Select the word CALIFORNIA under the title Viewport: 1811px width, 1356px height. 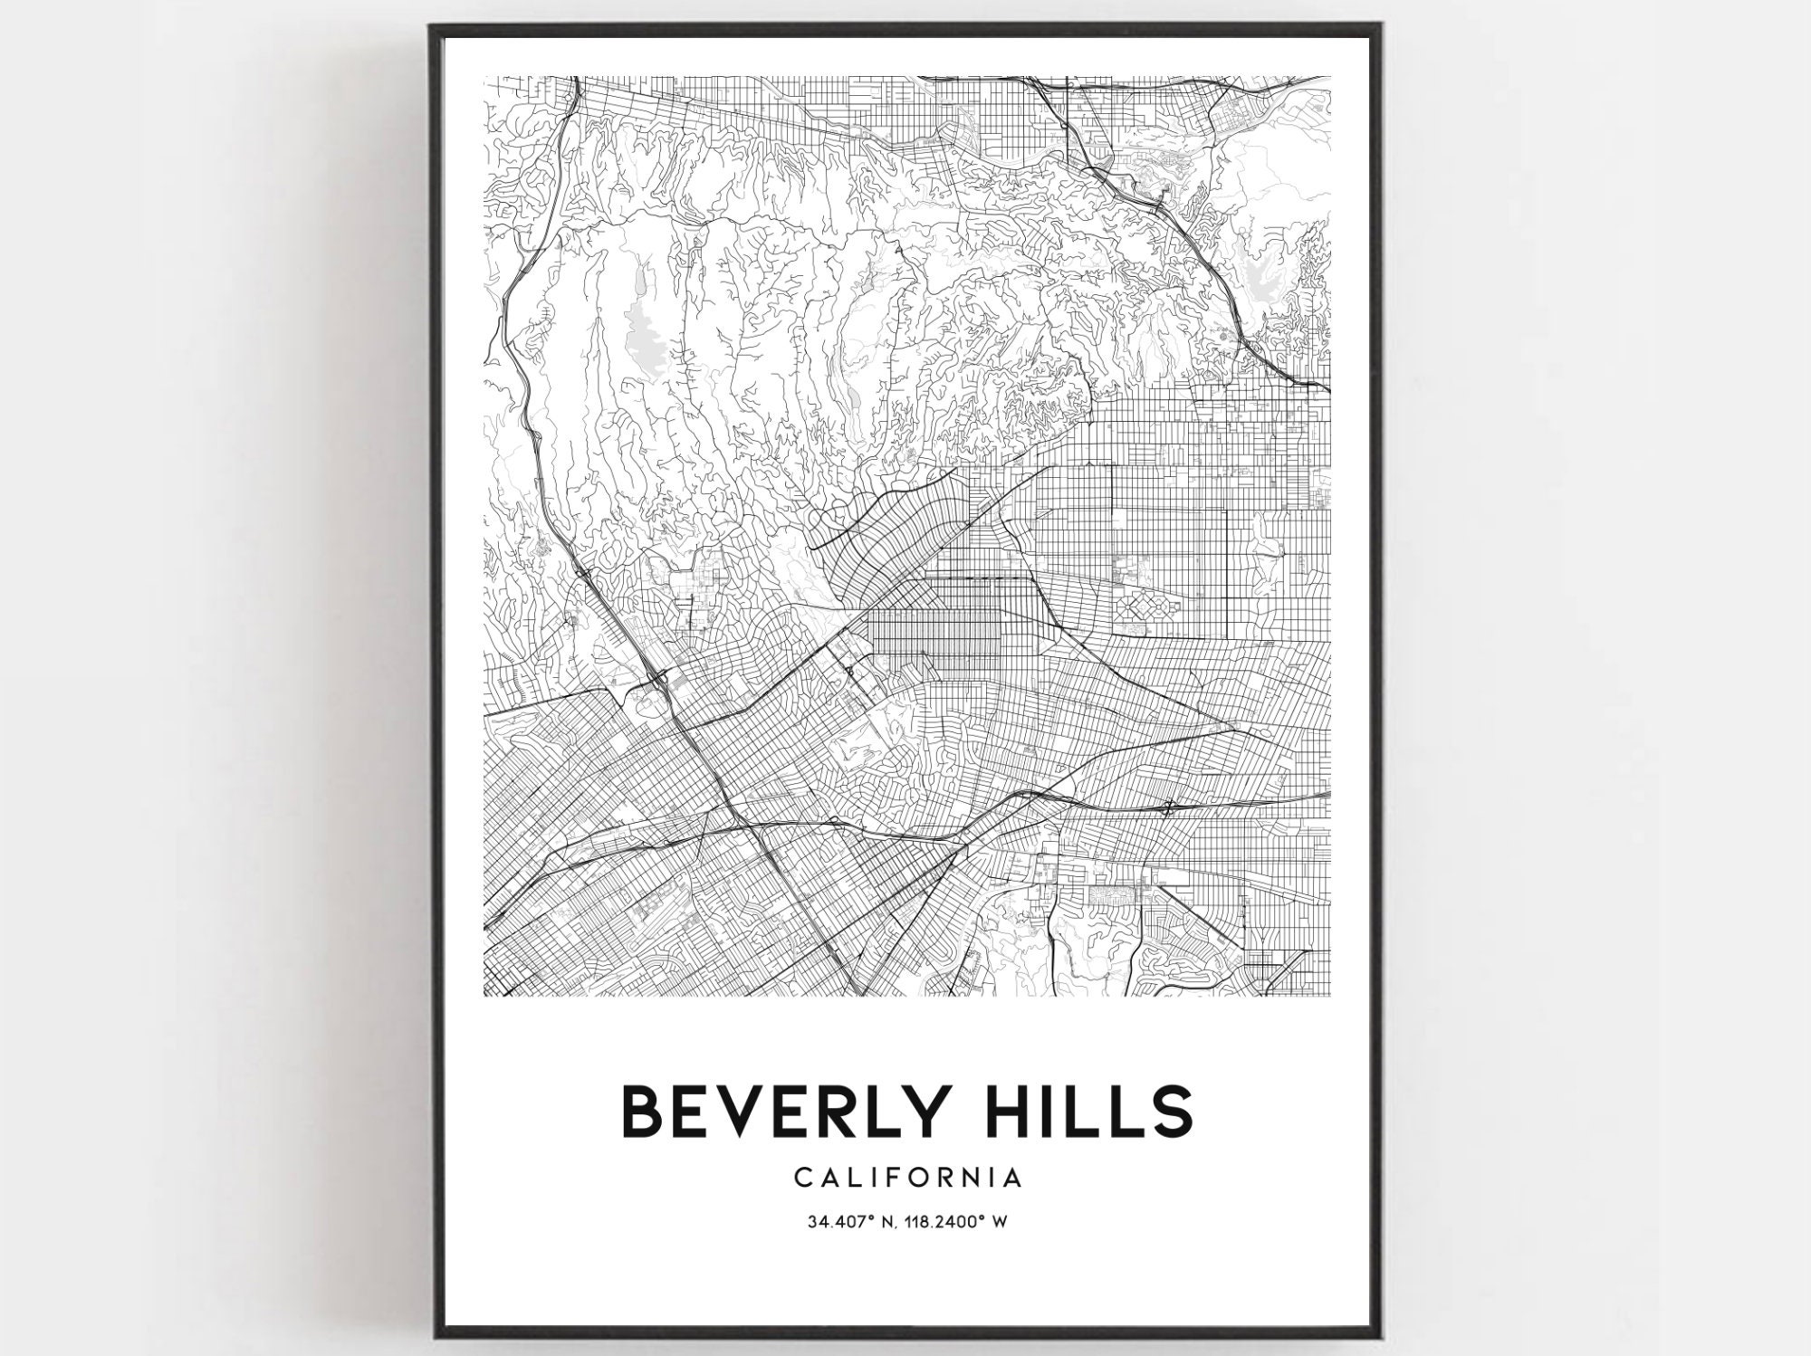point(908,1178)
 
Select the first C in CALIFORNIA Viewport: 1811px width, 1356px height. point(803,1178)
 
